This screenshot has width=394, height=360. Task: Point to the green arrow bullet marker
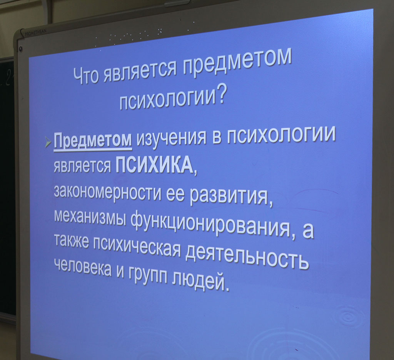click(48, 142)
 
